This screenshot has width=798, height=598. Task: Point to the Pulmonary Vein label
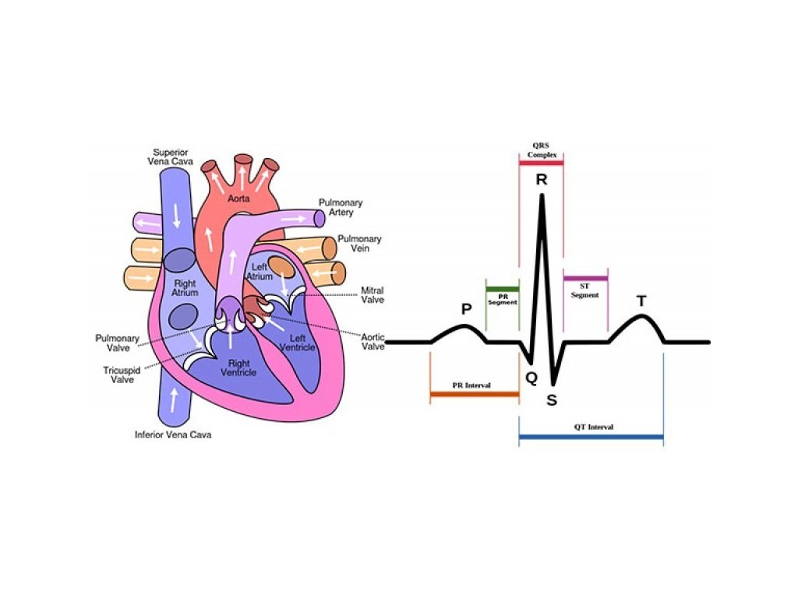point(359,244)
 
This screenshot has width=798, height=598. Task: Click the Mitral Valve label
point(372,295)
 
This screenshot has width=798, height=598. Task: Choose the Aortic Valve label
point(373,341)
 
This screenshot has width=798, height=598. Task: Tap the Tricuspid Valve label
point(122,375)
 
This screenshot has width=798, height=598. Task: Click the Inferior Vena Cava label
point(173,434)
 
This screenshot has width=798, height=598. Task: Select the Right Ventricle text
point(238,368)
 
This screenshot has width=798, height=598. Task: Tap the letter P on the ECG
point(466,310)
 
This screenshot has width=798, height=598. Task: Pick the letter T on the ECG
point(641,301)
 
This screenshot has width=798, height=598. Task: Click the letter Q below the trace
point(531,378)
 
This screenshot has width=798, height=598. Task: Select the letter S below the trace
point(552,400)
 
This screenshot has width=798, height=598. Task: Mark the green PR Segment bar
point(502,290)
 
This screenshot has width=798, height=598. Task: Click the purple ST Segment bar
point(585,278)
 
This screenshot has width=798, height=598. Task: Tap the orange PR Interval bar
point(474,395)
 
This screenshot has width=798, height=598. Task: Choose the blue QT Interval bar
point(591,438)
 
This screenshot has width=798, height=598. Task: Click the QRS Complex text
point(541,150)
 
